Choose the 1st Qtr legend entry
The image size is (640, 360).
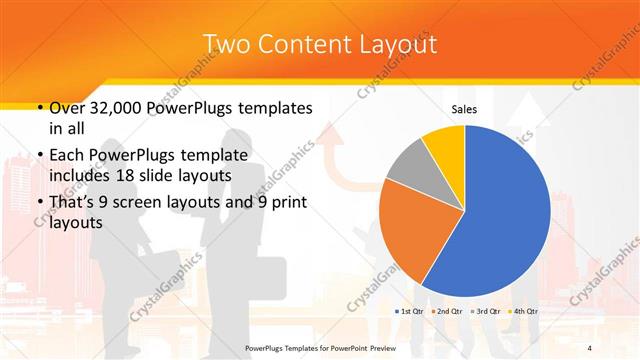point(411,312)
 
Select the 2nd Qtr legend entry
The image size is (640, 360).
point(447,312)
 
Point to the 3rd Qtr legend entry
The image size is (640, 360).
point(486,312)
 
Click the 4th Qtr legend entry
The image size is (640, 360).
point(524,312)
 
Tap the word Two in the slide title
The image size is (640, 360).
point(227,45)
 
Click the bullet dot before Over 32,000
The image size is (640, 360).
point(38,108)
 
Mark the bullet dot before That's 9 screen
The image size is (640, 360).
point(38,202)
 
